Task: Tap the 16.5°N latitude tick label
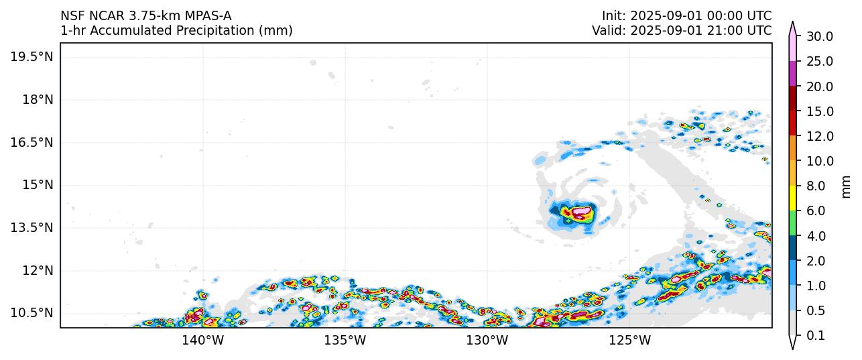(x=31, y=142)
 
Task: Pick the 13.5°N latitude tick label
(x=31, y=227)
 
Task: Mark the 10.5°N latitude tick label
(x=31, y=313)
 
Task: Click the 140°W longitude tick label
(x=203, y=341)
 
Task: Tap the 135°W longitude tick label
(x=345, y=341)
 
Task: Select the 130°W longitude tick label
(x=487, y=341)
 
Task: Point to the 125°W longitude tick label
(x=630, y=341)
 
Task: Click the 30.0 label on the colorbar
(x=819, y=36)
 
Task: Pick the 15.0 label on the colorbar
(x=819, y=111)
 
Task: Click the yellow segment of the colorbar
(x=792, y=198)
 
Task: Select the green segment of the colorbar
(x=792, y=223)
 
